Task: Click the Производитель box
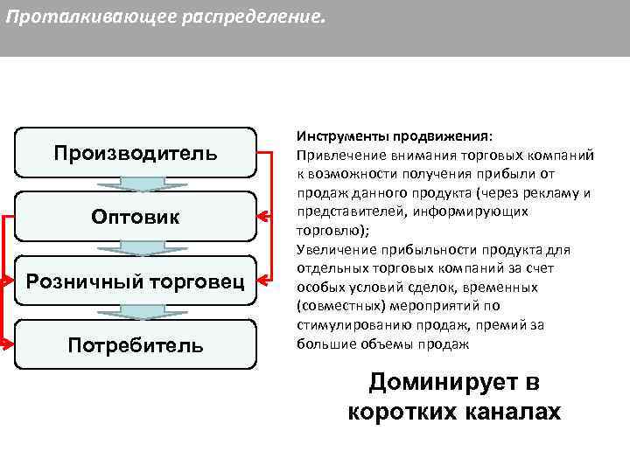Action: pyautogui.click(x=136, y=153)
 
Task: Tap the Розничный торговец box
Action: pyautogui.click(x=136, y=281)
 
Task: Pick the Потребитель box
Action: pyautogui.click(x=136, y=344)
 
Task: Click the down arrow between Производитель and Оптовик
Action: pyautogui.click(x=136, y=184)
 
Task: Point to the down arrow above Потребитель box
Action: pyautogui.click(x=136, y=312)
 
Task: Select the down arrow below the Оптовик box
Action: pyautogui.click(x=136, y=248)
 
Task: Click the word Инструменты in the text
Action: pyautogui.click(x=336, y=136)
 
